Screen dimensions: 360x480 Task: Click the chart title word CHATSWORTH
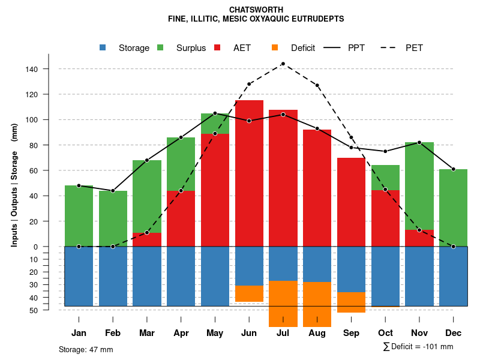click(256, 10)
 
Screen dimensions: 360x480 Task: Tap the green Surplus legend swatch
click(161, 47)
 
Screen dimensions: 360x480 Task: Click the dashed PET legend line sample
click(390, 47)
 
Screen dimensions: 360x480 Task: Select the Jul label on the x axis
click(283, 333)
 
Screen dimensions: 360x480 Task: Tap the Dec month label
click(453, 333)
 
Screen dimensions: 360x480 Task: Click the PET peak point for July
click(283, 64)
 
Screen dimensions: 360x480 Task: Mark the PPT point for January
click(79, 185)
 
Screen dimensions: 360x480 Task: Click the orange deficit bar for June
click(249, 293)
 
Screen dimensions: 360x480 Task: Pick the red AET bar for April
click(181, 218)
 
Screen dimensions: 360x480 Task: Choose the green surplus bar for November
click(419, 186)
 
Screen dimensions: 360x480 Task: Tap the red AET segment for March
click(147, 239)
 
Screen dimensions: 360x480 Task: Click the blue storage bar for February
click(113, 276)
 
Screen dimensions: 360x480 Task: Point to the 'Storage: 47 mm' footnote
click(86, 349)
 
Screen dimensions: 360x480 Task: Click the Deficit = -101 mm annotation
click(418, 347)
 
